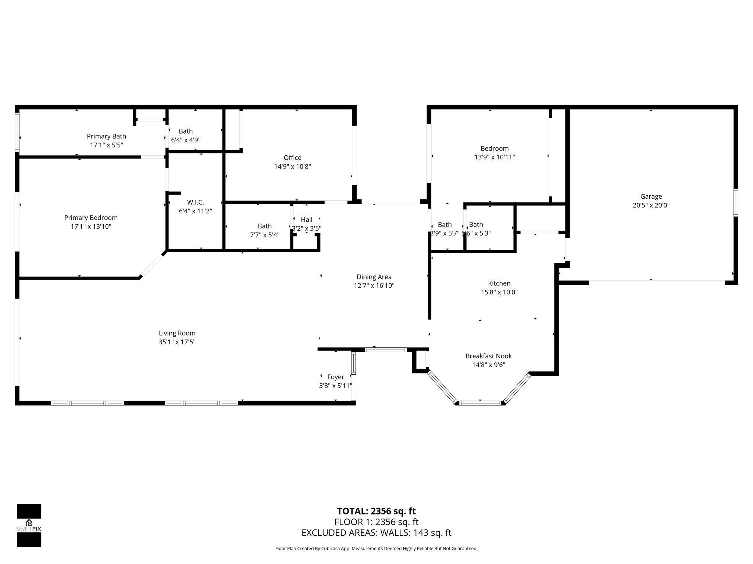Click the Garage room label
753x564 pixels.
click(651, 196)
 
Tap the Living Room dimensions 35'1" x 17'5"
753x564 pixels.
click(177, 342)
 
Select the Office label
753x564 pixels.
click(292, 158)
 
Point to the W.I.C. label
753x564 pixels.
click(195, 202)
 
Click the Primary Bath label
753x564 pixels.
click(106, 136)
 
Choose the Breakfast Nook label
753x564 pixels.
click(488, 356)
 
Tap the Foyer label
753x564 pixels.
click(335, 377)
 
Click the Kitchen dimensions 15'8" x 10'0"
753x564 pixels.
click(499, 292)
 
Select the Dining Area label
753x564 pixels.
click(374, 277)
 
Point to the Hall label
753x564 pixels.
click(306, 220)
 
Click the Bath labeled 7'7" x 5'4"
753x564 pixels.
click(264, 226)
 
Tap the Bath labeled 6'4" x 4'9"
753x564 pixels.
click(186, 131)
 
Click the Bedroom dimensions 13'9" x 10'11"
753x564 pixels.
click(495, 157)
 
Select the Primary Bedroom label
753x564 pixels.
click(91, 218)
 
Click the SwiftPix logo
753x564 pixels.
click(29, 525)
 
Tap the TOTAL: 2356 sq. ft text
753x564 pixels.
click(376, 511)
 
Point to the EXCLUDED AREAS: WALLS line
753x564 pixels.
click(376, 533)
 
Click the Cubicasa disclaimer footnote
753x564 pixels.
click(376, 549)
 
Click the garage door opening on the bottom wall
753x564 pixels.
click(657, 283)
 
